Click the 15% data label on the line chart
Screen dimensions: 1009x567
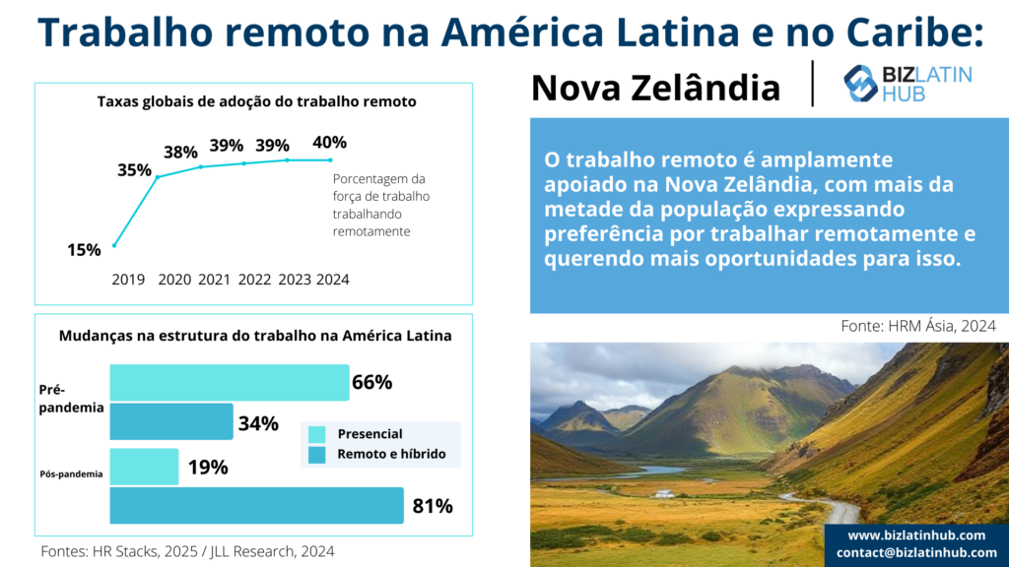[85, 250]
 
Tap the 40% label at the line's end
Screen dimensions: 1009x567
[329, 142]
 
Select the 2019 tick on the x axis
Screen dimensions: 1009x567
[128, 280]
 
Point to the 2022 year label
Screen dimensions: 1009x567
[255, 280]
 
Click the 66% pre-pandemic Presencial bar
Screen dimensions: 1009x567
[230, 383]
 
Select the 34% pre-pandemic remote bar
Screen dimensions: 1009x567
[171, 421]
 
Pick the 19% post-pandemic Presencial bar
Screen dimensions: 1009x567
[144, 467]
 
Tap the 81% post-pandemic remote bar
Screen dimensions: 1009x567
[257, 505]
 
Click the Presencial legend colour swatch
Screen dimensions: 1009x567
[316, 434]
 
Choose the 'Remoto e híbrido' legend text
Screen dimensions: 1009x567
[391, 455]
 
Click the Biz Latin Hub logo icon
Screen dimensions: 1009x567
[860, 84]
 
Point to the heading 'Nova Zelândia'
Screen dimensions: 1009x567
[655, 88]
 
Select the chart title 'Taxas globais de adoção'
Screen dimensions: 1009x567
[257, 101]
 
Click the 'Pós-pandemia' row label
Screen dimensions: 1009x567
[71, 474]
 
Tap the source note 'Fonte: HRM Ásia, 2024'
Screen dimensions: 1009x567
[918, 326]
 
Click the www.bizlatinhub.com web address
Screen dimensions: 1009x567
[916, 535]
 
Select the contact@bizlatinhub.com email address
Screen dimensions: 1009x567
[916, 552]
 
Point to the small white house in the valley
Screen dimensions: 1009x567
[665, 494]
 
